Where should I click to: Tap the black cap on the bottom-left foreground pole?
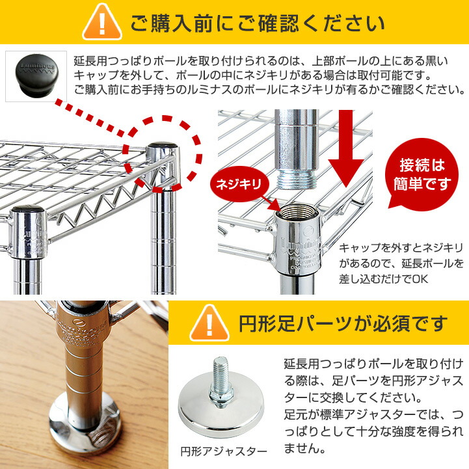coord(29,213)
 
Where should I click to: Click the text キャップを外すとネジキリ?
coord(401,248)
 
